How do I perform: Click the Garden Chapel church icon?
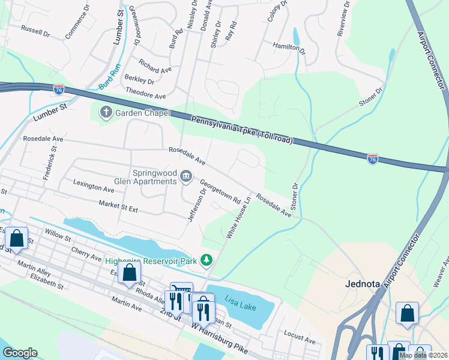[106, 112]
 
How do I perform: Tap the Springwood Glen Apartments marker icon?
[186, 176]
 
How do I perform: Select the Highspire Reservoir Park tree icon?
[206, 260]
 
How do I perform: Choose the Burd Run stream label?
[110, 81]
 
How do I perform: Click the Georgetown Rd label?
[220, 191]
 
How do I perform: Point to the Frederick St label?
[49, 163]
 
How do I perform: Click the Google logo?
[20, 353]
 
